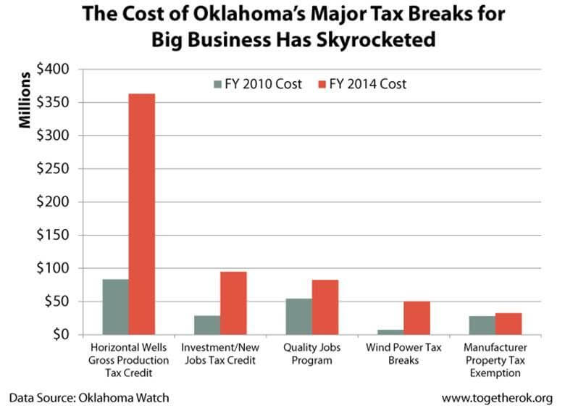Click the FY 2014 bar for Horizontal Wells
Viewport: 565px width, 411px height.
click(142, 214)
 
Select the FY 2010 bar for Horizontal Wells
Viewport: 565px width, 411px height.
click(116, 307)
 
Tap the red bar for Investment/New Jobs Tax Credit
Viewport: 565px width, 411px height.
click(233, 303)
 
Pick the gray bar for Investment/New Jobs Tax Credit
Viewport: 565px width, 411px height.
click(207, 325)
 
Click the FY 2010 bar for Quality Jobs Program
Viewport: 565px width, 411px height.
click(299, 317)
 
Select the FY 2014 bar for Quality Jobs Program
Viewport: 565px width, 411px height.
click(325, 307)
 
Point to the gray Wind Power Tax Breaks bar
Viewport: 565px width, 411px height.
click(390, 332)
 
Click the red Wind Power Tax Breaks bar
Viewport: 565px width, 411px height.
click(417, 318)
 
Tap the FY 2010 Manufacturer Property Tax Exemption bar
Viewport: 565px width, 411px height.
click(482, 325)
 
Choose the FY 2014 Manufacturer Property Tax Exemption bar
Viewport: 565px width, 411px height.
click(508, 324)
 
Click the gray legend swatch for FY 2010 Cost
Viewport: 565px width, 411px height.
click(217, 84)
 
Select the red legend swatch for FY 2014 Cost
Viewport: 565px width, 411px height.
click(322, 84)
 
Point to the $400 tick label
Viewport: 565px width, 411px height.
click(53, 69)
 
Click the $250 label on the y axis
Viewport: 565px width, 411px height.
click(53, 168)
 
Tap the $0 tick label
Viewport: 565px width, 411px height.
click(61, 334)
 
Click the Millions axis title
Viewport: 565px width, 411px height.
click(25, 100)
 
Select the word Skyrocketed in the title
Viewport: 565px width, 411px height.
click(376, 40)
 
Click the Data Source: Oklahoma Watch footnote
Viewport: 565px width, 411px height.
click(89, 398)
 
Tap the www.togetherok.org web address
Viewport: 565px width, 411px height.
click(497, 398)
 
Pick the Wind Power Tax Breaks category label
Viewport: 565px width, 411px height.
click(403, 354)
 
